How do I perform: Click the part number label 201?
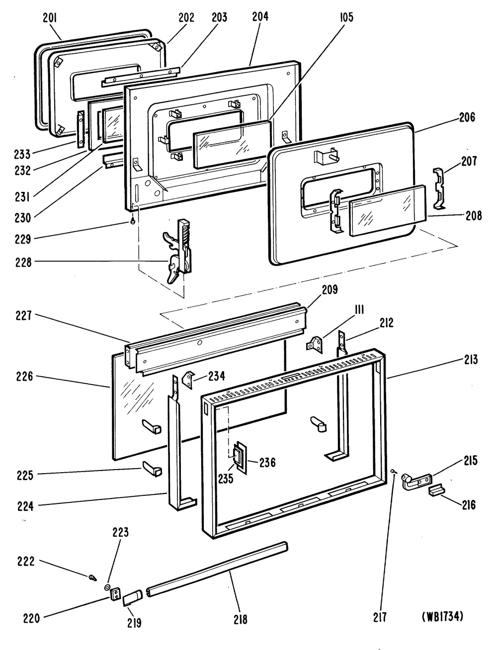50,18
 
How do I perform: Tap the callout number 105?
346,17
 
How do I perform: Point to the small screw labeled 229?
133,221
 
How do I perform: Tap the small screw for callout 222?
93,577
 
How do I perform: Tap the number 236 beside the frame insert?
267,463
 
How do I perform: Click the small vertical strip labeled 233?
81,129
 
